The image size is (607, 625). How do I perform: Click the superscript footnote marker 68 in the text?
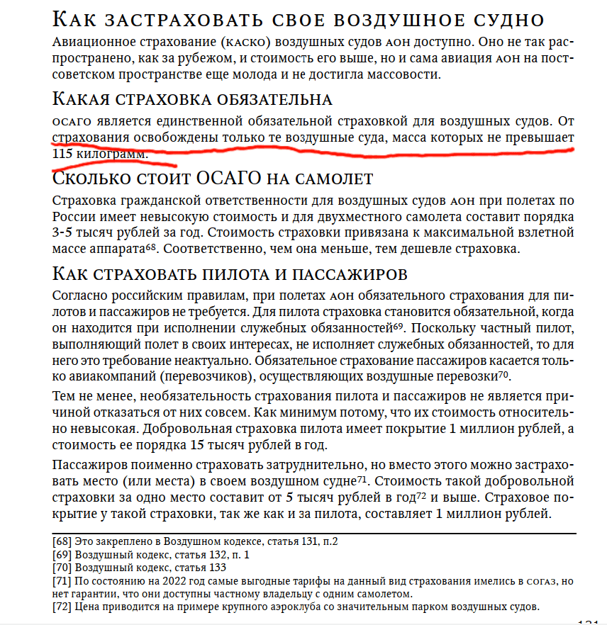click(150, 246)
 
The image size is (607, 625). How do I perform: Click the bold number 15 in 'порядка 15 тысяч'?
click(199, 446)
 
